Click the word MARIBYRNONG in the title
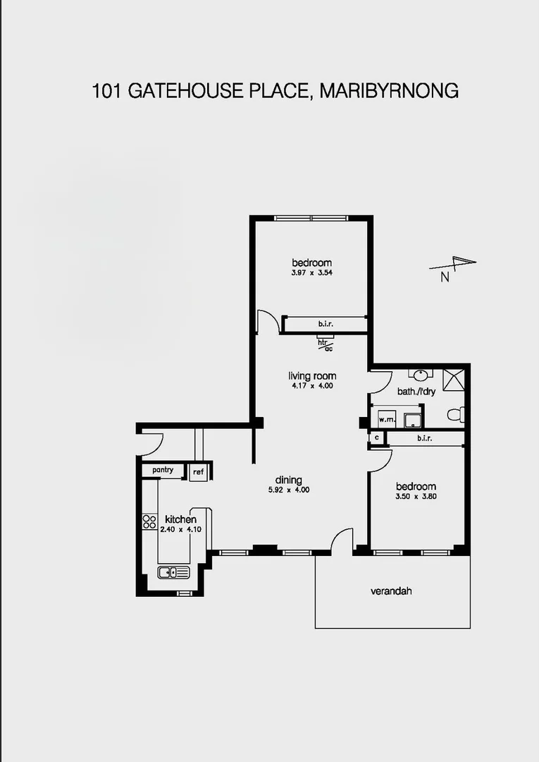(389, 91)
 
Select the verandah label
(391, 591)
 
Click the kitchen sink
(173, 572)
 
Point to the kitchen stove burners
(149, 522)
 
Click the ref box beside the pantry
(199, 471)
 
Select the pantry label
(163, 470)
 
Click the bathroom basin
(420, 375)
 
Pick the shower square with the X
(453, 378)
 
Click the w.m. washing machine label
(385, 420)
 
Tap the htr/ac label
(325, 344)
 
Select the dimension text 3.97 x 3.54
(311, 273)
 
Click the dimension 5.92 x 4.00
(289, 490)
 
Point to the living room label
(312, 376)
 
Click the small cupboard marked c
(377, 438)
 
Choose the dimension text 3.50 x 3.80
(415, 496)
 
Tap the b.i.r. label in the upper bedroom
(325, 324)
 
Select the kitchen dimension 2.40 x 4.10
(180, 529)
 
